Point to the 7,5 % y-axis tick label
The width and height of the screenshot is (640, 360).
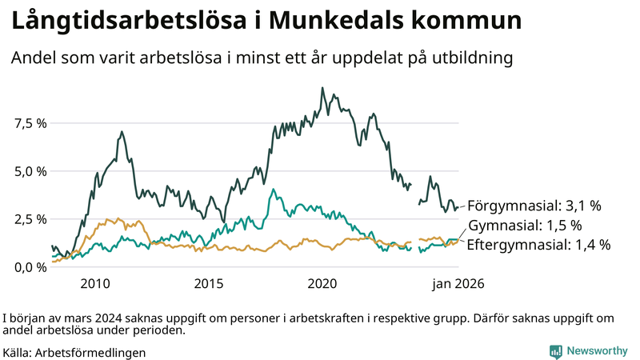click(x=30, y=123)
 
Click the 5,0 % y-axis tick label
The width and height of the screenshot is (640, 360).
click(x=30, y=171)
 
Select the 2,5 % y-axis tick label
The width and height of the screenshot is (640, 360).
click(x=30, y=219)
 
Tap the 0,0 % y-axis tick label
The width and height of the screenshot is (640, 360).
click(x=30, y=267)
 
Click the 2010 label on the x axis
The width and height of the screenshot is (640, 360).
click(x=94, y=284)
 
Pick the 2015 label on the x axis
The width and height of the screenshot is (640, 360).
click(x=209, y=284)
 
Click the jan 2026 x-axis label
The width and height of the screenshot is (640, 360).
click(x=458, y=284)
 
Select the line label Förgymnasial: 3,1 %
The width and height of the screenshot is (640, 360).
click(x=534, y=206)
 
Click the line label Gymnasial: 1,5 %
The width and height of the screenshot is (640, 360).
click(x=524, y=226)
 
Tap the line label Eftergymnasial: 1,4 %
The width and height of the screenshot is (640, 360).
click(x=538, y=245)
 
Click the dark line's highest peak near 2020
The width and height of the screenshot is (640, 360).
click(x=322, y=88)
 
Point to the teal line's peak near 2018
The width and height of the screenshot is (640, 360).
click(x=274, y=190)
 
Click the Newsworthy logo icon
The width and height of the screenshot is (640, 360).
click(x=555, y=351)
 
